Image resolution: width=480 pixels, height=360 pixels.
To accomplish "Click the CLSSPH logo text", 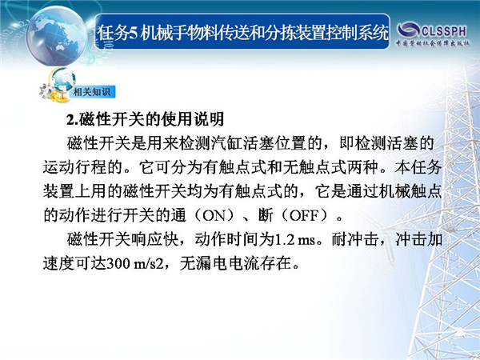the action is (444, 30).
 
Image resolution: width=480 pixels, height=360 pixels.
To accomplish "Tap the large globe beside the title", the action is (57, 36).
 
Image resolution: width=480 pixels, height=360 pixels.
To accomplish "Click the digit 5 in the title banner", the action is (133, 33).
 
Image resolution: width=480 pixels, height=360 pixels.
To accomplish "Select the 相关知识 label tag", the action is (91, 92).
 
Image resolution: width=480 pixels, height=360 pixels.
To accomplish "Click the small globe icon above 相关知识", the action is (63, 81).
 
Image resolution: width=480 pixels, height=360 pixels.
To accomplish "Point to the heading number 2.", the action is (71, 119).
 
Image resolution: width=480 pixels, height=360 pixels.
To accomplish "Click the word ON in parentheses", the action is (214, 215).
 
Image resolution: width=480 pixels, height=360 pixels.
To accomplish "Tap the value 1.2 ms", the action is (295, 240).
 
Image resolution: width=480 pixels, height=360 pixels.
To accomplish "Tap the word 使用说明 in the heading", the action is (194, 119).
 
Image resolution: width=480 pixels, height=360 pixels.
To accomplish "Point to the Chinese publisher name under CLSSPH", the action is (433, 43).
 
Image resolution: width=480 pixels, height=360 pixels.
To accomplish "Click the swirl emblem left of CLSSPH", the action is (409, 30).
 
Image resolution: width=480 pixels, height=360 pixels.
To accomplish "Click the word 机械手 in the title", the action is (156, 33).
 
